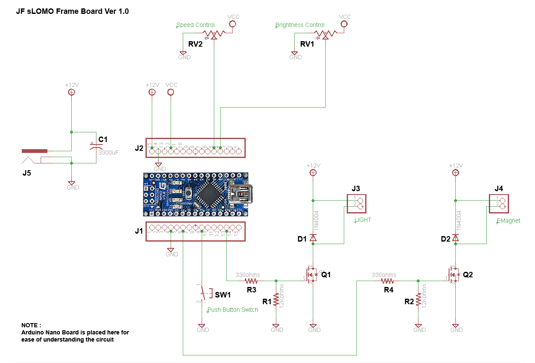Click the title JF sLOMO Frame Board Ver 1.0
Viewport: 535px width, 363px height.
tap(72, 11)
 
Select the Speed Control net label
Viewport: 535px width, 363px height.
tap(195, 25)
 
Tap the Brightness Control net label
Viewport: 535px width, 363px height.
tap(300, 25)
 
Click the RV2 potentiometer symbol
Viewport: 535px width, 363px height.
tap(214, 34)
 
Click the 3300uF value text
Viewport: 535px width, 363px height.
tap(109, 153)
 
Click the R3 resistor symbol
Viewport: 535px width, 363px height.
tap(251, 281)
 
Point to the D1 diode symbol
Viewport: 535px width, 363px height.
tap(313, 238)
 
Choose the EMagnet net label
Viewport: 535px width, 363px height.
tap(508, 221)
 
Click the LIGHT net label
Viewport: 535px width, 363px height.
tap(363, 220)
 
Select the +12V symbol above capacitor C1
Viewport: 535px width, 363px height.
tap(72, 92)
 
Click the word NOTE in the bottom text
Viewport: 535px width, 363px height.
tap(31, 325)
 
